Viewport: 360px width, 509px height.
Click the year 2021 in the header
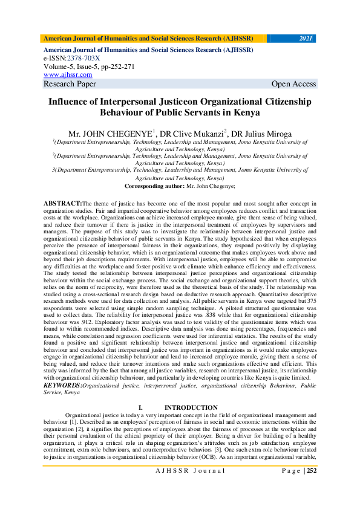pyautogui.click(x=306, y=38)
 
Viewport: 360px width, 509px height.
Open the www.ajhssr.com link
pyautogui.click(x=68, y=74)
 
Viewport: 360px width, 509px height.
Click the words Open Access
pyautogui.click(x=293, y=84)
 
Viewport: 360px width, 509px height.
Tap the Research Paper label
pyautogui.click(x=70, y=84)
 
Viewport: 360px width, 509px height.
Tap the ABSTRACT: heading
pyautogui.click(x=63, y=203)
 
